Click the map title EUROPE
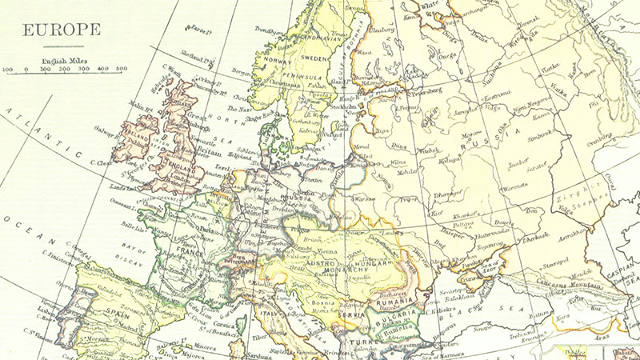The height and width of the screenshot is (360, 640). pyautogui.click(x=61, y=30)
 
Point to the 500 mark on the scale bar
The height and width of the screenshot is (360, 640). pyautogui.click(x=121, y=70)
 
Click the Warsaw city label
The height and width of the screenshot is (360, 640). pyautogui.click(x=365, y=196)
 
